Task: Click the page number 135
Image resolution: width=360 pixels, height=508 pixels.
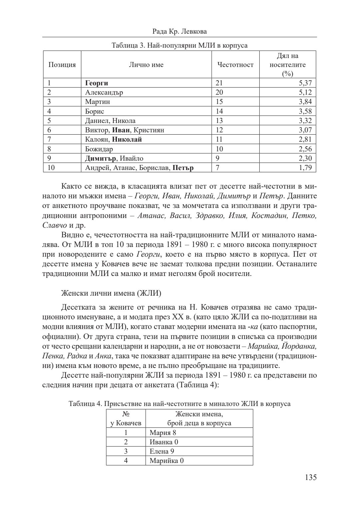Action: (x=310, y=477)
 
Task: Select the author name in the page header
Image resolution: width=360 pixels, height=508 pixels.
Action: (x=179, y=31)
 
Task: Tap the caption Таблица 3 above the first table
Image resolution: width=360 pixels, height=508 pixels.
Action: (x=179, y=45)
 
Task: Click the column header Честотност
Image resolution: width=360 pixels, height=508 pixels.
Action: (x=235, y=65)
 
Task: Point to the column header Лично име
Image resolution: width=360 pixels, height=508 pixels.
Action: (x=146, y=65)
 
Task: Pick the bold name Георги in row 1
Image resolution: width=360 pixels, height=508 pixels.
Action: (x=97, y=83)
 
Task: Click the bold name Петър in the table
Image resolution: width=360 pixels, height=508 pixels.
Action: (x=183, y=168)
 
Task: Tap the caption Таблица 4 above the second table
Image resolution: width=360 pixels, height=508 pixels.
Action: (x=179, y=404)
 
